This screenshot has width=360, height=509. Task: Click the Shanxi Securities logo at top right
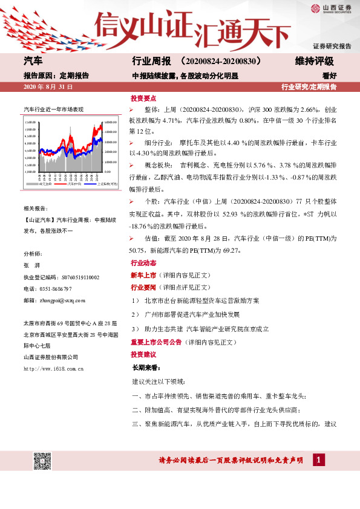point(331,8)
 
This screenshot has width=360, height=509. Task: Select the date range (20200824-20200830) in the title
point(221,61)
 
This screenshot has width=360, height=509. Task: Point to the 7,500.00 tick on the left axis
point(30,122)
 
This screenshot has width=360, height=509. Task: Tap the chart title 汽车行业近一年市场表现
point(53,109)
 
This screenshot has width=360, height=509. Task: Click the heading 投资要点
point(143,98)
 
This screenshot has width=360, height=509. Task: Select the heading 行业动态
point(143,264)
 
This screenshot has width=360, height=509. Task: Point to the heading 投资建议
point(143,354)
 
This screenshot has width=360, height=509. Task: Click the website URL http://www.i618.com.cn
point(53,368)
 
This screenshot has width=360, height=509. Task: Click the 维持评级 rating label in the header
point(314,61)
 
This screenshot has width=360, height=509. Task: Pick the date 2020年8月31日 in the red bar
point(48,87)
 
